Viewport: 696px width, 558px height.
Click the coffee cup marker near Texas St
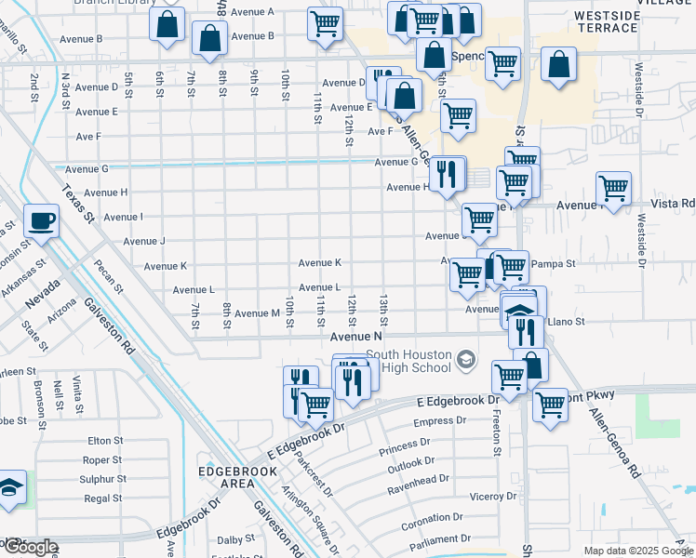[x=41, y=221]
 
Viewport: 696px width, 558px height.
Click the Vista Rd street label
[x=676, y=203]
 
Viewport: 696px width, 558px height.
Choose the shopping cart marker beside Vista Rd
[x=613, y=189]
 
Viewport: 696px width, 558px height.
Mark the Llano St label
[x=565, y=322]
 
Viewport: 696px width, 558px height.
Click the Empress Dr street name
[x=439, y=422]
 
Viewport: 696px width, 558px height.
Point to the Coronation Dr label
[x=433, y=516]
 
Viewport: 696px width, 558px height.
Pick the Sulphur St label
[x=103, y=479]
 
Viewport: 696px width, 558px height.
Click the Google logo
[x=30, y=547]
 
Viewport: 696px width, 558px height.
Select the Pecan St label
[x=108, y=276]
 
